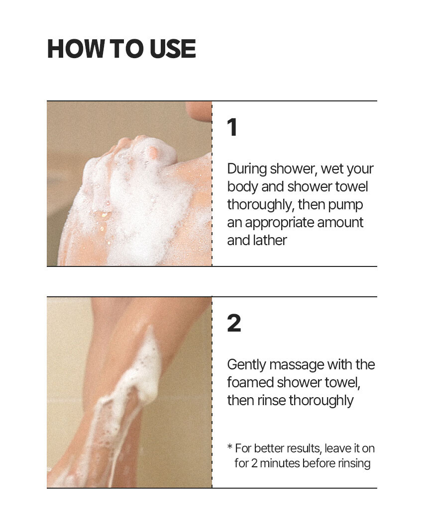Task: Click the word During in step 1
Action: click(247, 169)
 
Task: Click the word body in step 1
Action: click(242, 186)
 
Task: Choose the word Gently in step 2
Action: click(246, 365)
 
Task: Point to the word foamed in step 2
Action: click(250, 382)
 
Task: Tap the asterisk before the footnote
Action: click(230, 447)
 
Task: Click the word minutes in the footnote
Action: click(280, 463)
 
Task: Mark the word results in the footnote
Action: click(304, 449)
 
